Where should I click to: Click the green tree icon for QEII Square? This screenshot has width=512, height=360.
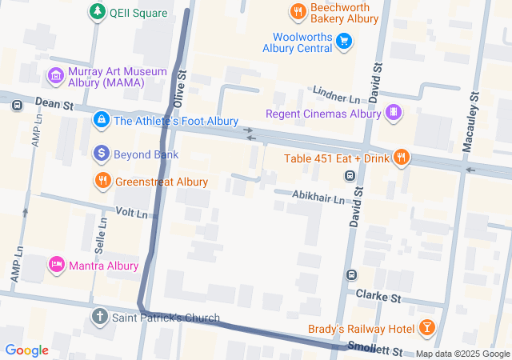[x=97, y=12]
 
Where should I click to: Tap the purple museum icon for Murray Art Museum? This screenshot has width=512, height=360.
[x=55, y=76]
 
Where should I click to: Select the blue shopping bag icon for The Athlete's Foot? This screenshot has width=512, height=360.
[x=101, y=121]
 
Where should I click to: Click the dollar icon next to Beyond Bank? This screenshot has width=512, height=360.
[x=101, y=153]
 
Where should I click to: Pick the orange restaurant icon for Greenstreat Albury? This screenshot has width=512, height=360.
[x=102, y=182]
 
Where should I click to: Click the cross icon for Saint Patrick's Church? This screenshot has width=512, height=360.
[x=99, y=318]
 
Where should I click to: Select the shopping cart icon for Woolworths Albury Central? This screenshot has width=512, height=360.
[x=344, y=41]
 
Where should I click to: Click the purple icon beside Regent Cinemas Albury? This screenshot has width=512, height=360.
[x=393, y=113]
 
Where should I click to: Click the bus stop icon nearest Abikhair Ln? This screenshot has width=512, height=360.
[x=350, y=176]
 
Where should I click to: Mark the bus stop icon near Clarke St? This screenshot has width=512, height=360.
[x=350, y=276]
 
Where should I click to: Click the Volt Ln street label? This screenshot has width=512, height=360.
[x=132, y=213]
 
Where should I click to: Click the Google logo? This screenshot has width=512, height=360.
[x=26, y=350]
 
